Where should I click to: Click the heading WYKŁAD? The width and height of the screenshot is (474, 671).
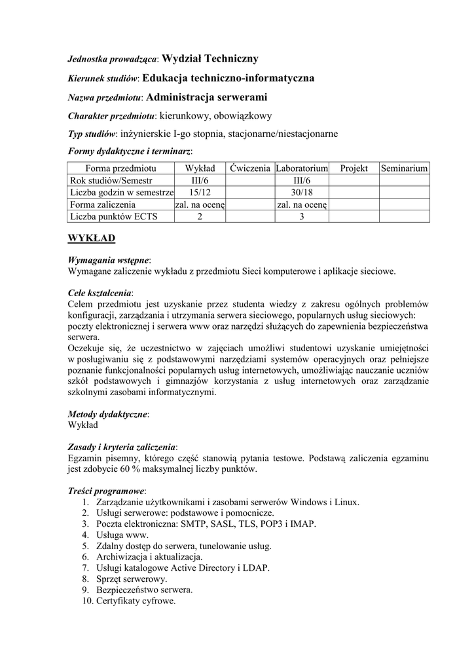click(x=92, y=237)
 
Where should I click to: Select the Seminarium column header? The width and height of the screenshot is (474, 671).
click(x=405, y=168)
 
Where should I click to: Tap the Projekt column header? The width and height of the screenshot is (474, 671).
click(x=354, y=168)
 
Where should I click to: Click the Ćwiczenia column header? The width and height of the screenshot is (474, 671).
click(x=250, y=168)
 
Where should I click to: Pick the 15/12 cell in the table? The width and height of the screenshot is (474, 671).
click(x=200, y=193)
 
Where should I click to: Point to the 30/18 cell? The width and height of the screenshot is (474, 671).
click(x=301, y=193)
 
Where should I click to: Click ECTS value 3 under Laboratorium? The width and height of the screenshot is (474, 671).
click(x=301, y=216)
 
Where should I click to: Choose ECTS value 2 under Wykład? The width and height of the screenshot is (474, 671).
click(x=200, y=216)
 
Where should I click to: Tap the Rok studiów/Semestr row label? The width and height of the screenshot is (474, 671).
click(x=111, y=180)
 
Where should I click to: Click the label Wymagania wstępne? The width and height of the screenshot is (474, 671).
click(x=109, y=260)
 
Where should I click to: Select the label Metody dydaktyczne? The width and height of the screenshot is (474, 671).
click(x=108, y=414)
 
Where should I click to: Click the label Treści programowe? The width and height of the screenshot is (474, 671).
click(x=107, y=491)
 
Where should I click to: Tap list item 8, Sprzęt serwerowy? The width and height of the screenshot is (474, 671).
click(x=131, y=579)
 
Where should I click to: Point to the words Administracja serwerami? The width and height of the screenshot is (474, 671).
click(x=208, y=97)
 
